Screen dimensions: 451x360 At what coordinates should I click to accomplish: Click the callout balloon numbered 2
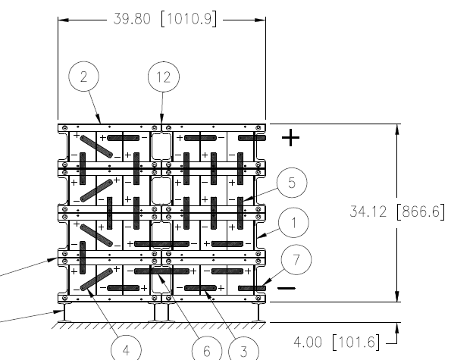coord(83,77)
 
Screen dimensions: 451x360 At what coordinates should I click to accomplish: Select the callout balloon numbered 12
coord(164,77)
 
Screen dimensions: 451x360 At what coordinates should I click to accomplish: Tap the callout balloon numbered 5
coord(292,183)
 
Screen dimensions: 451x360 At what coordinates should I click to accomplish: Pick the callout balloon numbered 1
coord(293,223)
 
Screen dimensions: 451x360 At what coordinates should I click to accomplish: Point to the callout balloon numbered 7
coord(296,259)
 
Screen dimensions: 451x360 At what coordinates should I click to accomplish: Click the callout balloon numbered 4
coord(126,350)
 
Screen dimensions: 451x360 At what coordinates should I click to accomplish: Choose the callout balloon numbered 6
coord(207,350)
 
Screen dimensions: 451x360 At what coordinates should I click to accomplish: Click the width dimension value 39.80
coord(132,19)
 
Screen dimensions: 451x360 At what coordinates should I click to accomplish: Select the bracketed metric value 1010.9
coord(189,19)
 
